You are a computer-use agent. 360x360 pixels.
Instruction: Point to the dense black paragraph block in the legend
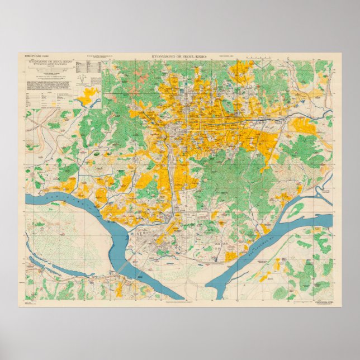(49, 85)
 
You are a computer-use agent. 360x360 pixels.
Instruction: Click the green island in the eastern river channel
(296, 210)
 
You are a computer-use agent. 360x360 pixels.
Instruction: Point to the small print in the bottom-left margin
(28, 302)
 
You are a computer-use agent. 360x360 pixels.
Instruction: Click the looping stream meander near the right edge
(323, 193)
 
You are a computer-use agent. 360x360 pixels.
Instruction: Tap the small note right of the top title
(232, 56)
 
